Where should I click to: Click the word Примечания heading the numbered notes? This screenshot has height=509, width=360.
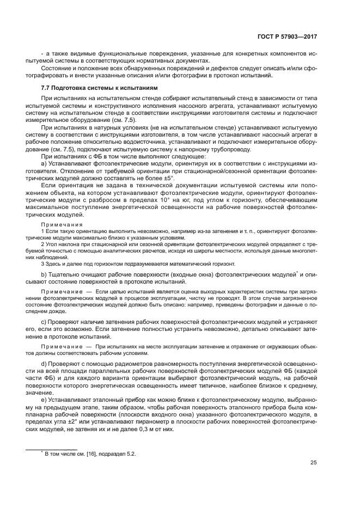(61, 224)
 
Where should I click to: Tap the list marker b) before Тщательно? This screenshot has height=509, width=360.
(44, 273)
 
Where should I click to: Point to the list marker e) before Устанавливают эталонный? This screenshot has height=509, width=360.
(44, 400)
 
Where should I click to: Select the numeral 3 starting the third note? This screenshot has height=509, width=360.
(43, 263)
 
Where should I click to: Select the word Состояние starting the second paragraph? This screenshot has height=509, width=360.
(57, 68)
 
